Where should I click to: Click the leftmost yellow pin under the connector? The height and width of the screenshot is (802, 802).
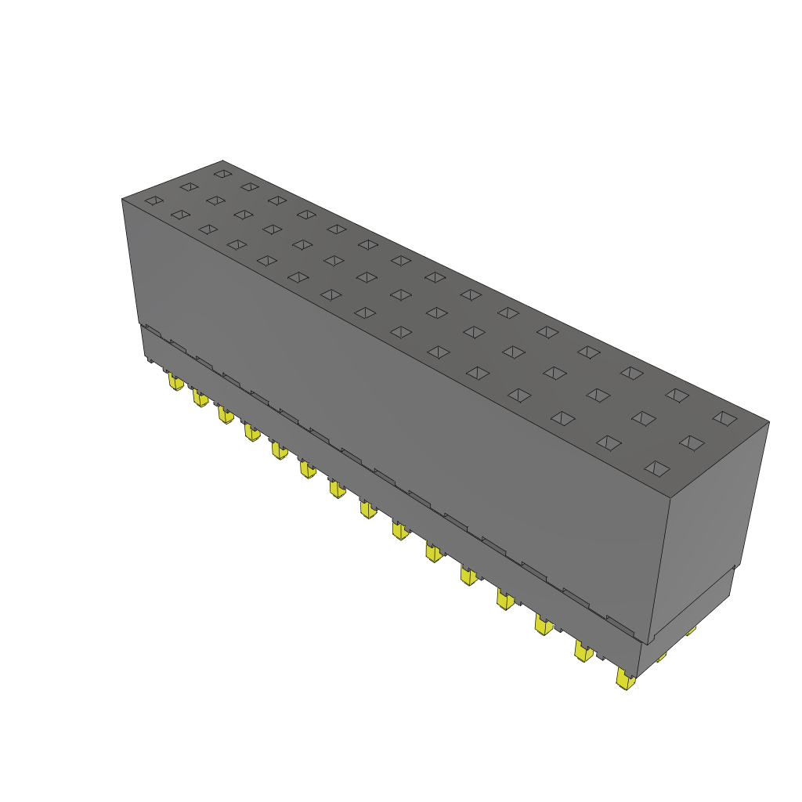pos(175,381)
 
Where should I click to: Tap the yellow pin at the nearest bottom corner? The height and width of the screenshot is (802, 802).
pos(625,679)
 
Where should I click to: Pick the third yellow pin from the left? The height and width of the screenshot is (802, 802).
pos(226,414)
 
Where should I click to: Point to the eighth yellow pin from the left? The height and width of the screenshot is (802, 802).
pos(367,509)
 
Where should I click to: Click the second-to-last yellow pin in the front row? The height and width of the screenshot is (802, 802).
pos(583,651)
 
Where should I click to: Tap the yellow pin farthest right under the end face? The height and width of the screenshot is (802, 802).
pos(690,630)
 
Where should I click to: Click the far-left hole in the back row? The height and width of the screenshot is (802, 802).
pos(222,173)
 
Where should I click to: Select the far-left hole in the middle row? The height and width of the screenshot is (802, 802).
pos(189,186)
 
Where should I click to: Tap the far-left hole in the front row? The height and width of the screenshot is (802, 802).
pos(154,200)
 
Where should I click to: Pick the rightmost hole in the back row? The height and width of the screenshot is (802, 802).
pos(725,418)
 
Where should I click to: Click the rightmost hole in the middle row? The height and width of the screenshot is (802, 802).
pos(692,443)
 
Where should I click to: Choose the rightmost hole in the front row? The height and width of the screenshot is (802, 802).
pos(657,468)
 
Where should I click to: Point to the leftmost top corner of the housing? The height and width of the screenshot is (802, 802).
pos(122,199)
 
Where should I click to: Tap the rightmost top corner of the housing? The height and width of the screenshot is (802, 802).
pos(769,422)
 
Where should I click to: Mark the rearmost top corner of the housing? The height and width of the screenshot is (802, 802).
pos(222,161)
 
